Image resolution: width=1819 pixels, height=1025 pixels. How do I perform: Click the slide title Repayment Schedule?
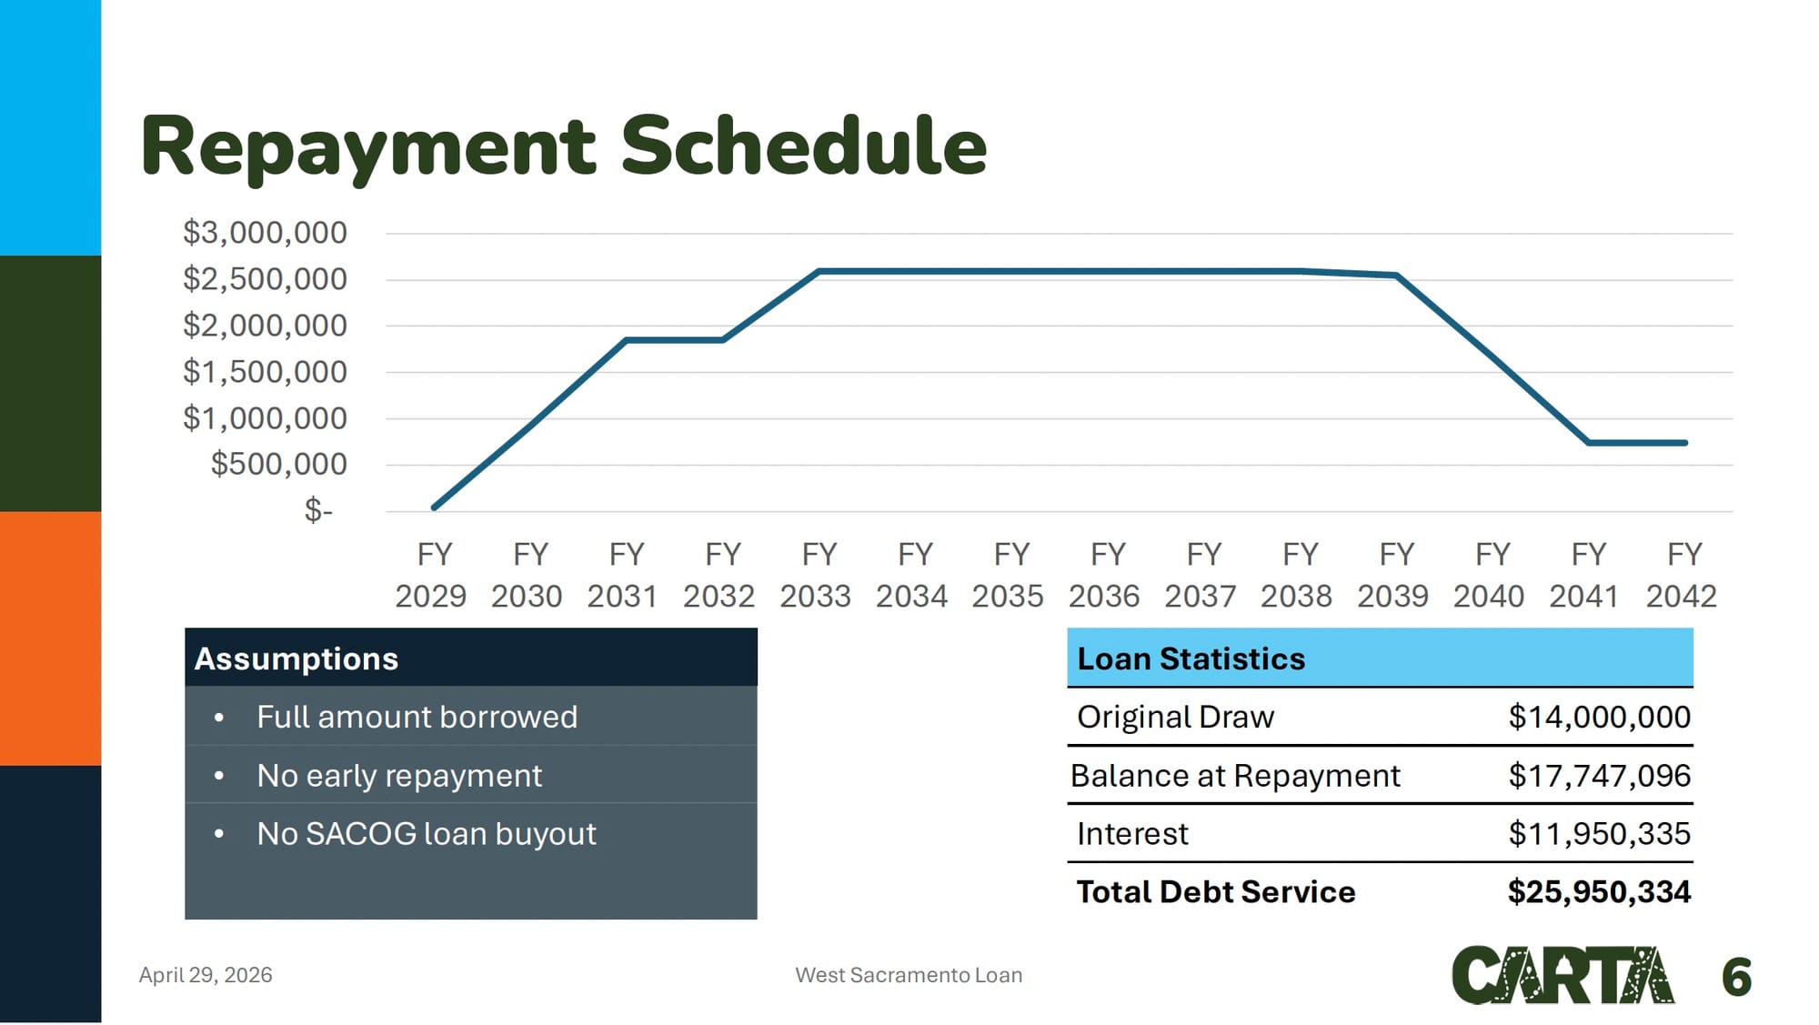(564, 146)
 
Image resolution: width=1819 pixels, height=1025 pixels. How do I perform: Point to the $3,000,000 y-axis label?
(265, 233)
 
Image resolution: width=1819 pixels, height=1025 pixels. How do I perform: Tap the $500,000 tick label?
(278, 464)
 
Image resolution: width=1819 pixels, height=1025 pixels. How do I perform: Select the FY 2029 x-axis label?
(431, 575)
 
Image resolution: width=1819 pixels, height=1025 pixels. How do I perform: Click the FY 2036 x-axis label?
(1104, 575)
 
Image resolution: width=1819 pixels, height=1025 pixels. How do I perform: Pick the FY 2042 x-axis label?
(1682, 575)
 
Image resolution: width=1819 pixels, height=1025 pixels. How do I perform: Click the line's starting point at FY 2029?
(434, 507)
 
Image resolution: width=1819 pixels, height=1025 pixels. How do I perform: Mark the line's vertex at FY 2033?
(819, 271)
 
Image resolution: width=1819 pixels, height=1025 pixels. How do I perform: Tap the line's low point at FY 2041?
(1588, 443)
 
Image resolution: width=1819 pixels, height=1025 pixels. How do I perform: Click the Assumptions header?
(296, 658)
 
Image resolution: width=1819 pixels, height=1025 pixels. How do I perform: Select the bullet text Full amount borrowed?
(417, 717)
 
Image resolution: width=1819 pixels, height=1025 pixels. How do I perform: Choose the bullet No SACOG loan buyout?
(427, 833)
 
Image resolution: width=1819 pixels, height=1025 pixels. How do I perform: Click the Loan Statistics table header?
(1191, 658)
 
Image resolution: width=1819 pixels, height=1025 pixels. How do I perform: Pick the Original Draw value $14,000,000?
(1600, 717)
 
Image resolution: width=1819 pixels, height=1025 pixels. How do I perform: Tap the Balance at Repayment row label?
(1235, 775)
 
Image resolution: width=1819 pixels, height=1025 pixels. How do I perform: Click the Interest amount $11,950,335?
(1600, 833)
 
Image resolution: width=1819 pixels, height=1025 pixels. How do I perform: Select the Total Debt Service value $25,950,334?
(1600, 891)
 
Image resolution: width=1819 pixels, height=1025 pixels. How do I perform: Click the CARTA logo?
(1563, 975)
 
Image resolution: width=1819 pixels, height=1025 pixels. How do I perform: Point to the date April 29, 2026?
(206, 975)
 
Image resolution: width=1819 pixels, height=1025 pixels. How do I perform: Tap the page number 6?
(1736, 977)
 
